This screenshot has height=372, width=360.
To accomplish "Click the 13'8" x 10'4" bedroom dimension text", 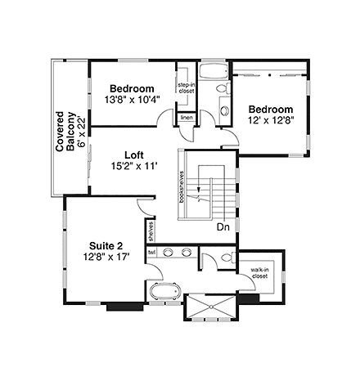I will tap(132, 100).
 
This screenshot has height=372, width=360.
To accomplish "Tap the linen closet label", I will tap(187, 119).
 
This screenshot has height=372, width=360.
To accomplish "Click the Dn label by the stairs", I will tap(223, 227).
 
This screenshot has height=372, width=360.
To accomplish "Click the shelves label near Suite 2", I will tap(151, 232).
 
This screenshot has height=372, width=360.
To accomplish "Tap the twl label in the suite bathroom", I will tap(151, 253).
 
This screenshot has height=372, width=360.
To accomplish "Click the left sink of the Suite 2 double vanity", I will tap(169, 253).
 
